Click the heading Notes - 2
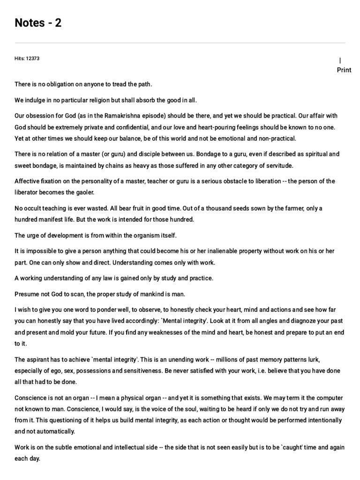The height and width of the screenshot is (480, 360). [x=38, y=22]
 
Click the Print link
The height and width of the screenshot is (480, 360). [x=344, y=70]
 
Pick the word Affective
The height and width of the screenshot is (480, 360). [x=28, y=181]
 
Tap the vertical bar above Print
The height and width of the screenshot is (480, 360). [x=340, y=60]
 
